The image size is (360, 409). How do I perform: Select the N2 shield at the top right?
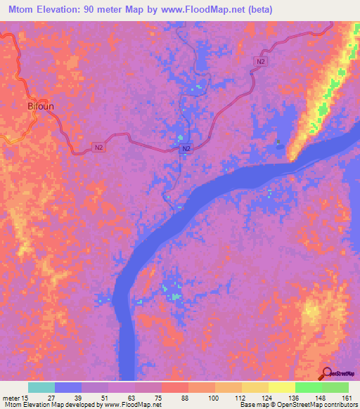click(261, 63)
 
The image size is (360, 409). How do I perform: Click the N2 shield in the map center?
click(186, 150)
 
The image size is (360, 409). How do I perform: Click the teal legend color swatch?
click(41, 387)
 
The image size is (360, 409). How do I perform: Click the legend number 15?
click(27, 397)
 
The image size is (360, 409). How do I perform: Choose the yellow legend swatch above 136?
click(281, 387)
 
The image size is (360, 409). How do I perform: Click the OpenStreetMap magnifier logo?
click(325, 374)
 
